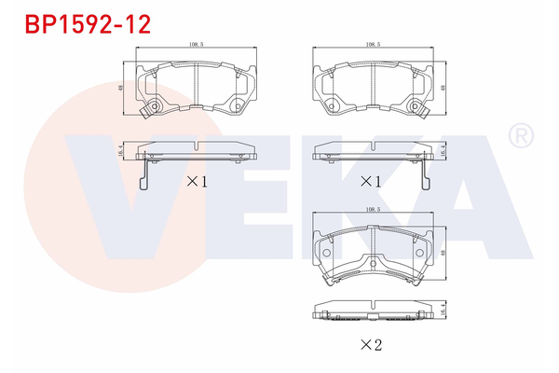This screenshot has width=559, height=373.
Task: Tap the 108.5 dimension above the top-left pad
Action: click(197, 44)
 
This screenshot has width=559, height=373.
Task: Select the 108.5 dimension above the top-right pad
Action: click(373, 44)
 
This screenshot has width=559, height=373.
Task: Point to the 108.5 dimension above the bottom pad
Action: click(373, 211)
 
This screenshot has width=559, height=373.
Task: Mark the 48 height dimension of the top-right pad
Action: click(443, 90)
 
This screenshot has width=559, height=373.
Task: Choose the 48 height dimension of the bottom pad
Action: click(443, 252)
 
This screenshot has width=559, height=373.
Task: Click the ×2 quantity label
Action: click(373, 345)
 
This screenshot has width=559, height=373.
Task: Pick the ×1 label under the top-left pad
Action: click(197, 182)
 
